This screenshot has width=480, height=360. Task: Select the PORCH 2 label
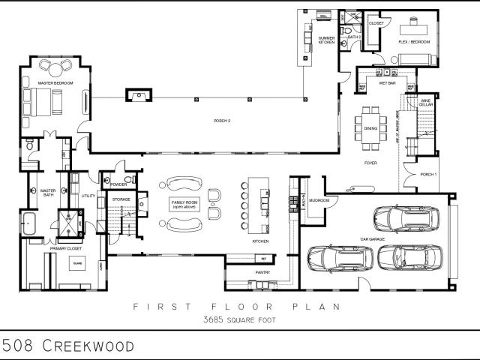point(222,121)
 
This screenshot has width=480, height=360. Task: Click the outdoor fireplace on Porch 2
point(136,94)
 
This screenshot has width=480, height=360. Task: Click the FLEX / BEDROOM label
point(414,42)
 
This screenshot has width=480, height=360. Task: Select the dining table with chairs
point(371,122)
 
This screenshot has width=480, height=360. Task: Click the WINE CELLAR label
point(425,102)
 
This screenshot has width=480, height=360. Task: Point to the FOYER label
point(370,163)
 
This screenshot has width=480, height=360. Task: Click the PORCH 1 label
point(427,175)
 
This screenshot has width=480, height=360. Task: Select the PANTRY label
point(262,272)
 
